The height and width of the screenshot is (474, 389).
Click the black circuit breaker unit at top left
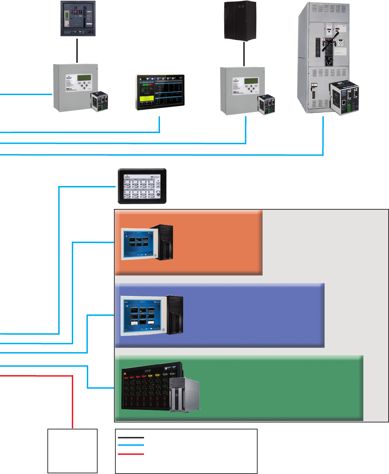coord(78,18)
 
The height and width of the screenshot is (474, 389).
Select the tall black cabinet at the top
coord(240,20)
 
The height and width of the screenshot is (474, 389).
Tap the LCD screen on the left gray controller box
coord(84,77)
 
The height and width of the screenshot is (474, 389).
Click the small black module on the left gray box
coord(99,101)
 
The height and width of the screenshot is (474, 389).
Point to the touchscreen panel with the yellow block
coord(160,92)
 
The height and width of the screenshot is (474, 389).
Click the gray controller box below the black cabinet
coord(241,90)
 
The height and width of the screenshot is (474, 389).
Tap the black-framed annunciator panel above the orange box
coord(142,186)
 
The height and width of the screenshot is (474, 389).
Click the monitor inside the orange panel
coord(138,244)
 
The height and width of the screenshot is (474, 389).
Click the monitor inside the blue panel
coord(143,316)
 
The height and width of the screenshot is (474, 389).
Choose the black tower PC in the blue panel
coord(175,314)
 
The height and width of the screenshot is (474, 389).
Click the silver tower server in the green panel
coord(184,394)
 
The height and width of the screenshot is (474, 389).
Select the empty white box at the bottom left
coord(72,451)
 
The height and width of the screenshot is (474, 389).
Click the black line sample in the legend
coord(131,437)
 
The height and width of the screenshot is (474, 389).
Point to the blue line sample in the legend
coord(131,445)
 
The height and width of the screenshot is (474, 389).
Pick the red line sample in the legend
coord(131,454)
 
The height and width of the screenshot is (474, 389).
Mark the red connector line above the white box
coord(73,401)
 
